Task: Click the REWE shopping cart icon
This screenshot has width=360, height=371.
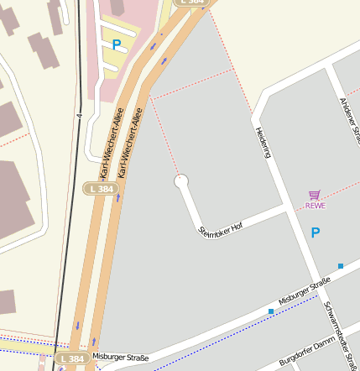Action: (315, 195)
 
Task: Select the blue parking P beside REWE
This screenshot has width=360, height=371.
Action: (316, 233)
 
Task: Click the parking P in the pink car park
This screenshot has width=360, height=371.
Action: (117, 44)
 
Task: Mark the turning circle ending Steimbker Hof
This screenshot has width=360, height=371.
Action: (181, 180)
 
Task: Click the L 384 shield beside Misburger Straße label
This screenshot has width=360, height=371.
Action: (72, 358)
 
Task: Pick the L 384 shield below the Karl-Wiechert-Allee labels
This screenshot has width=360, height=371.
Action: (99, 189)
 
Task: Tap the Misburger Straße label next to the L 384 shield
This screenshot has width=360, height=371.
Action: (120, 358)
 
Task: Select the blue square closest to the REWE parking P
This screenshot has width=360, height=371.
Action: (341, 266)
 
